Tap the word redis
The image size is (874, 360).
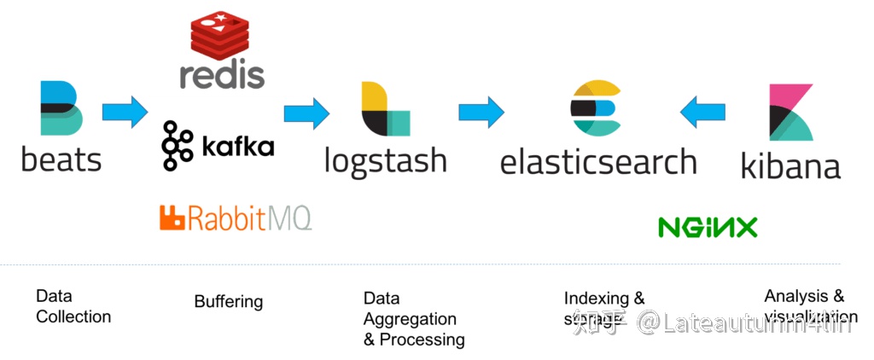tap(222, 74)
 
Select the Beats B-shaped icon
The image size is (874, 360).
tap(61, 108)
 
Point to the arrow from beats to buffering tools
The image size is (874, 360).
tap(125, 112)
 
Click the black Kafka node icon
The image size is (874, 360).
tap(178, 144)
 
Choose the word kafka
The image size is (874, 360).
tap(238, 146)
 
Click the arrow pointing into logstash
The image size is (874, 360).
tap(306, 112)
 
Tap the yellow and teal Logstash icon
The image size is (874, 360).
tap(385, 109)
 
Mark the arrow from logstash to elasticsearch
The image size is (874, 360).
tap(481, 112)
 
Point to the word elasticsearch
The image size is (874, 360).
tap(598, 160)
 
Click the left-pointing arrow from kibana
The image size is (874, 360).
tap(702, 112)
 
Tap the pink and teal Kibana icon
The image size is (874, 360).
tap(790, 112)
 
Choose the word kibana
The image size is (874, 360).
tap(790, 164)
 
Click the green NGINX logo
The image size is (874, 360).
tap(708, 227)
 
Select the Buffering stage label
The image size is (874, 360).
tap(229, 301)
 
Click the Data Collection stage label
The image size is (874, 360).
tap(73, 306)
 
